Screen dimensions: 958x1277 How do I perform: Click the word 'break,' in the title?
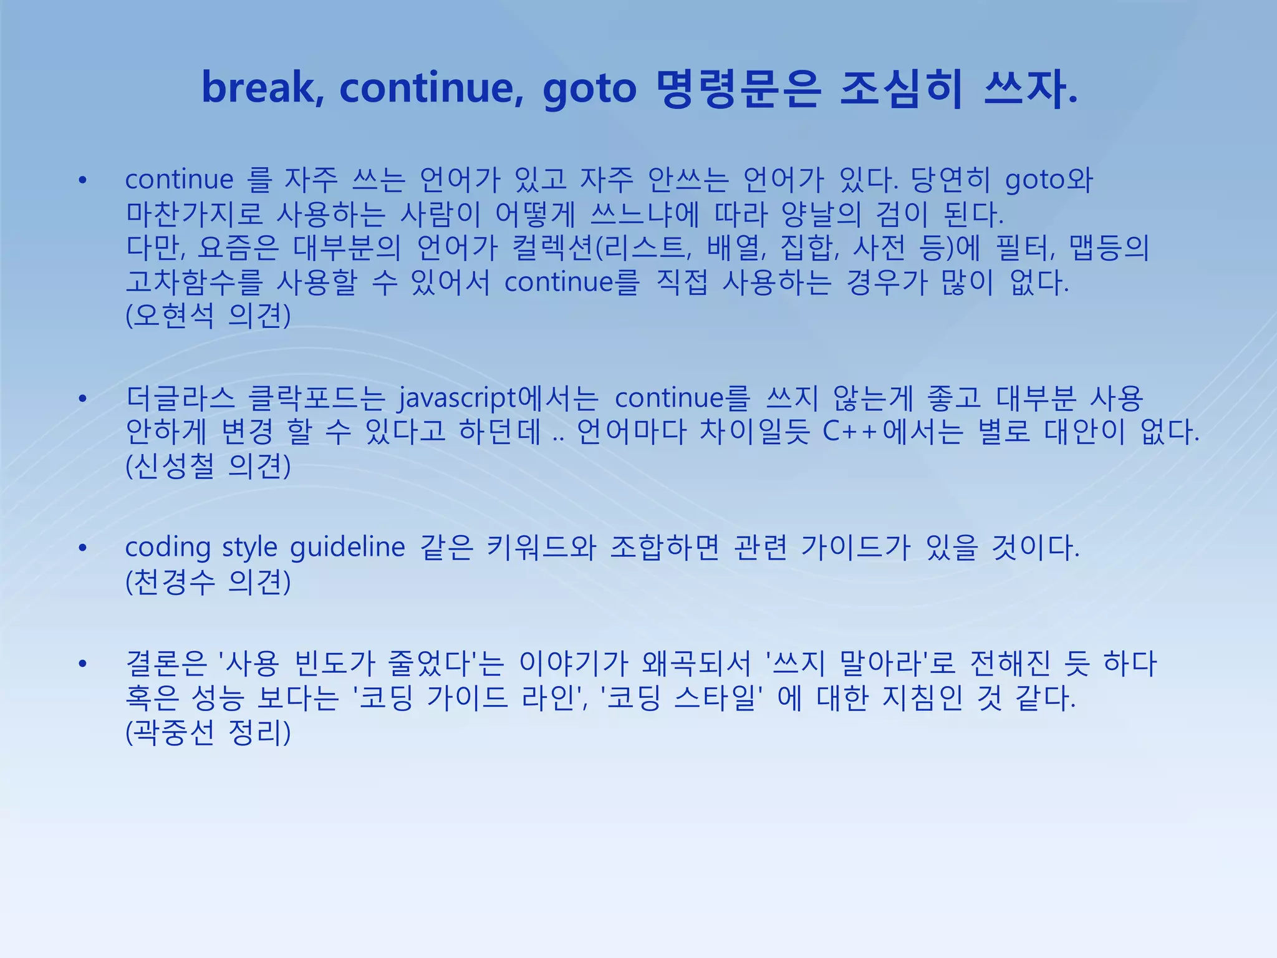pos(263,88)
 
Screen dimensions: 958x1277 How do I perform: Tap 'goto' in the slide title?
pos(589,89)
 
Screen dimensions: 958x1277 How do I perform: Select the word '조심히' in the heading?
pos(901,88)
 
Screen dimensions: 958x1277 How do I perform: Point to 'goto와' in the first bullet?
pos(1049,180)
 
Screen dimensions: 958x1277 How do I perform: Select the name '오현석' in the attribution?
pos(173,316)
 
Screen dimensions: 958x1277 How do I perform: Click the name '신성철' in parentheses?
pos(173,466)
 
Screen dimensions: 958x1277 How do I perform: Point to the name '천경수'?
pos(173,582)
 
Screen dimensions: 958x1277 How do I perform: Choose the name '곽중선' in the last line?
pos(173,732)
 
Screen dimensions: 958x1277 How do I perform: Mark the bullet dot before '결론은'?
pos(82,664)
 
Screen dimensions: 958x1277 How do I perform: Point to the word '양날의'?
pos(821,215)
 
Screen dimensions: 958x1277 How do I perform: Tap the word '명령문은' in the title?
pos(739,88)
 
